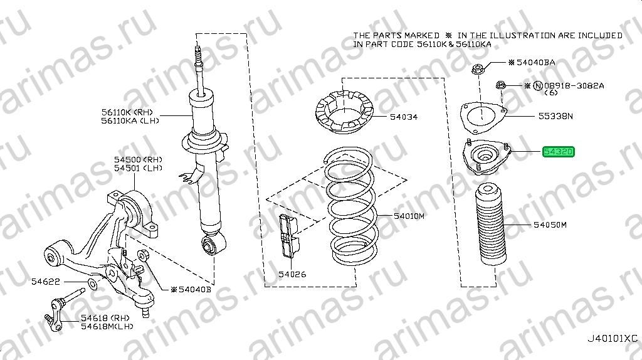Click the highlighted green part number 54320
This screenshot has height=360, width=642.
[559, 152]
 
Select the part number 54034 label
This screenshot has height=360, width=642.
[403, 117]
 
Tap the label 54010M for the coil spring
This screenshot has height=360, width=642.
[409, 216]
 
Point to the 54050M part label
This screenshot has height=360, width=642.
[550, 225]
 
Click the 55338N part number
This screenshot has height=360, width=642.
[555, 116]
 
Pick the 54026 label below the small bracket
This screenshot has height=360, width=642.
[292, 275]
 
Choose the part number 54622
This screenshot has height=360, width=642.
[45, 282]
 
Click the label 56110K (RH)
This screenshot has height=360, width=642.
[127, 112]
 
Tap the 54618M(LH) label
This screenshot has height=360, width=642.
[107, 326]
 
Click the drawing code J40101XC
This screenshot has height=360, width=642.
[613, 339]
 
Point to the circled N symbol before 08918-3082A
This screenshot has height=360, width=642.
[538, 85]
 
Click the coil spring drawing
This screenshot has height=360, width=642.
[350, 206]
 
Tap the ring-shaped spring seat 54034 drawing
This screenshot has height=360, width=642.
[344, 112]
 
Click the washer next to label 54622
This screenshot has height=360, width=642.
[93, 283]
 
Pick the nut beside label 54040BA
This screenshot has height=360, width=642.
[477, 70]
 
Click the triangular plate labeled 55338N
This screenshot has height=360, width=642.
[483, 117]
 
